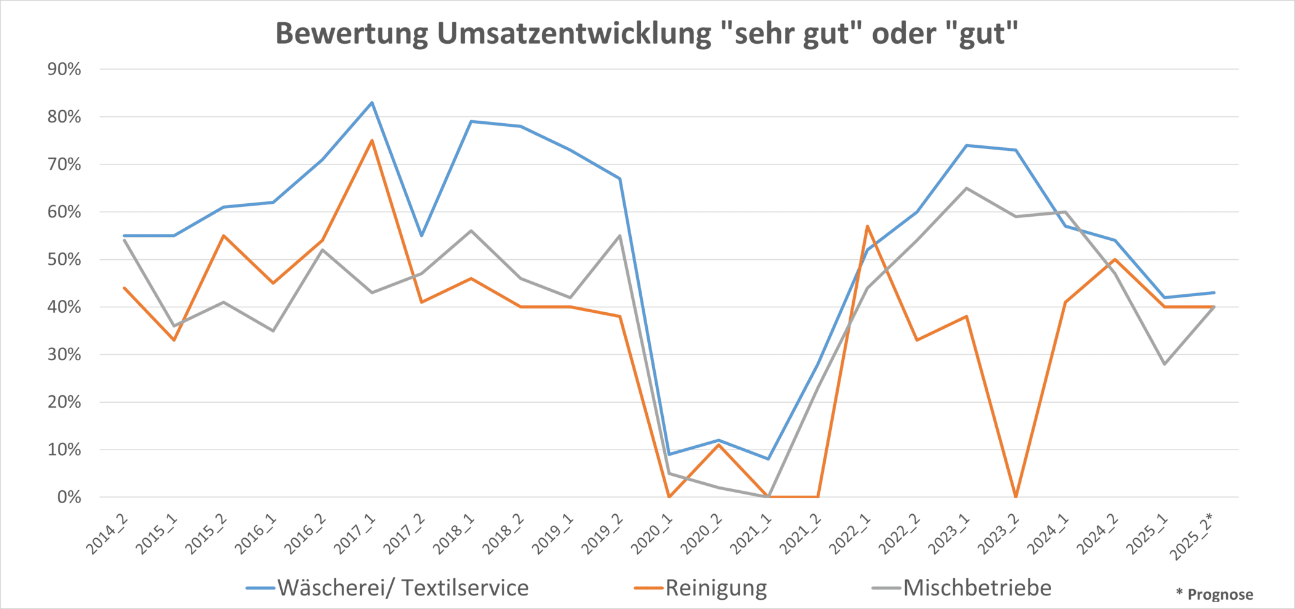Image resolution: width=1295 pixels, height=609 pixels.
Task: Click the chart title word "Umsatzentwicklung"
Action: point(574,34)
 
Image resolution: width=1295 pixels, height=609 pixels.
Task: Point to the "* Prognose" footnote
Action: point(1214,594)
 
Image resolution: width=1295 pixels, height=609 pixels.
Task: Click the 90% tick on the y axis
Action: point(65,69)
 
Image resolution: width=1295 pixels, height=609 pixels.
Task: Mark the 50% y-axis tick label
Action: point(65,259)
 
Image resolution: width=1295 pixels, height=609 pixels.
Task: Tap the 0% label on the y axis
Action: point(69,497)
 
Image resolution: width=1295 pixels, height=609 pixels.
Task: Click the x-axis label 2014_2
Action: point(107,533)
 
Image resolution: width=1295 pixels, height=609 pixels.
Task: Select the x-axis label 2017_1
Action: point(355,533)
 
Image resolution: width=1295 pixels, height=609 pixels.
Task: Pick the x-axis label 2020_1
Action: point(652,533)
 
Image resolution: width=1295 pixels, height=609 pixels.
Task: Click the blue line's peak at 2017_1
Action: point(372,102)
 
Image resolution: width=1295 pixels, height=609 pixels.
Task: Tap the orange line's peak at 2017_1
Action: point(372,140)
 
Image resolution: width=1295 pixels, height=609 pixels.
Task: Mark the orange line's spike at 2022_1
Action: point(867,226)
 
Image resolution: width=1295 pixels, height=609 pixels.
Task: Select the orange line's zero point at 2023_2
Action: point(1015,496)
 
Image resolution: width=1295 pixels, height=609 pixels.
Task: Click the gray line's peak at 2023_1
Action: point(966,188)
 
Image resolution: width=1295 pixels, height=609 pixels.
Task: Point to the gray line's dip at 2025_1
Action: point(1164,364)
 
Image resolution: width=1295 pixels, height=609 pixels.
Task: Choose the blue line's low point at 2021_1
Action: point(768,459)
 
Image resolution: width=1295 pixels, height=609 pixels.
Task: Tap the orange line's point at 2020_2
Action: point(719,445)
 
